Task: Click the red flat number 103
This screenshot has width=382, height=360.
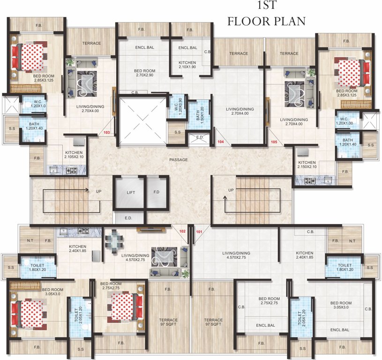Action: pos(107,133)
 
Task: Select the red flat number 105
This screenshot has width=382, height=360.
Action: pos(274,141)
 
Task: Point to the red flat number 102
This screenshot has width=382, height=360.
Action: pos(183,231)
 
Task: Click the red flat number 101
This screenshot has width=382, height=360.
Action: pos(199,231)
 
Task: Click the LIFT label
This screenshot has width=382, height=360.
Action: pos(131,192)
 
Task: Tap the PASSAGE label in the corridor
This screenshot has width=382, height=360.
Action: pos(178,160)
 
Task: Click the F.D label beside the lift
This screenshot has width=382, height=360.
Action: pos(157,192)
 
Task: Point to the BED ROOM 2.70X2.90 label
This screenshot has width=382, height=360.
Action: pos(144,73)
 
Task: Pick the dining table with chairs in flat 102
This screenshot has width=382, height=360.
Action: pos(114,242)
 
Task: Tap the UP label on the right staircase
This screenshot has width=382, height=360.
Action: pos(231,190)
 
